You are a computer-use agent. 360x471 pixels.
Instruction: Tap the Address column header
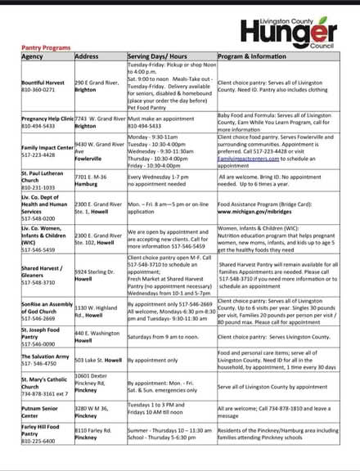[x=87, y=56]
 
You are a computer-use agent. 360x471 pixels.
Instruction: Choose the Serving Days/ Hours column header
[x=156, y=56]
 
